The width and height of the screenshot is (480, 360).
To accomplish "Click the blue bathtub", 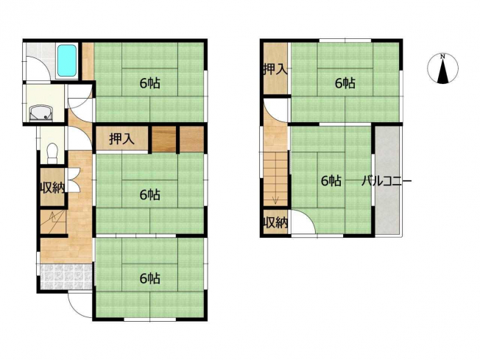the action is click(x=67, y=61).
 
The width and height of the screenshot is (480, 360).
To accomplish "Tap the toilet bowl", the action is click(x=53, y=152).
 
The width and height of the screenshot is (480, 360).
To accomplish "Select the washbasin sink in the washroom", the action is click(x=41, y=113).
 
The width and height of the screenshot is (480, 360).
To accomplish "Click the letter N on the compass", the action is click(x=442, y=57).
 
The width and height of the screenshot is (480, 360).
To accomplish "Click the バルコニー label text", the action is click(x=387, y=181).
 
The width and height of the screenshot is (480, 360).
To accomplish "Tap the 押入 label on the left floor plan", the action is click(x=121, y=138).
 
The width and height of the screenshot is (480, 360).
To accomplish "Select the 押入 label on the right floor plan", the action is click(x=275, y=69).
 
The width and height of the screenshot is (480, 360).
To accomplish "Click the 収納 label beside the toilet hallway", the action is click(x=53, y=187).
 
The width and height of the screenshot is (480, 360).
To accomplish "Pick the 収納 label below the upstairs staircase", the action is click(x=276, y=222).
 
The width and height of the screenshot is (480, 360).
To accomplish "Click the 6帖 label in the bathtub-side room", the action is click(x=149, y=83).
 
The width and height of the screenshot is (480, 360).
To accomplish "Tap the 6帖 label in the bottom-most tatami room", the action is click(x=149, y=278).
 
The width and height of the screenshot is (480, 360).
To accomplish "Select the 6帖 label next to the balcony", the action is click(x=331, y=181).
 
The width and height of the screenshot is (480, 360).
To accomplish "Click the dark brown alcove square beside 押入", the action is click(x=164, y=139).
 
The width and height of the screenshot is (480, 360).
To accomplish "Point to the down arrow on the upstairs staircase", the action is click(x=275, y=200).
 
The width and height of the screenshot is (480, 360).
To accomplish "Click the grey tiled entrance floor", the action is click(x=66, y=277).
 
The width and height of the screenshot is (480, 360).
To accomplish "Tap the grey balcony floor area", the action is click(x=387, y=180).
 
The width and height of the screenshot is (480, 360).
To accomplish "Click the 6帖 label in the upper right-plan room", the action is click(x=345, y=83).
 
